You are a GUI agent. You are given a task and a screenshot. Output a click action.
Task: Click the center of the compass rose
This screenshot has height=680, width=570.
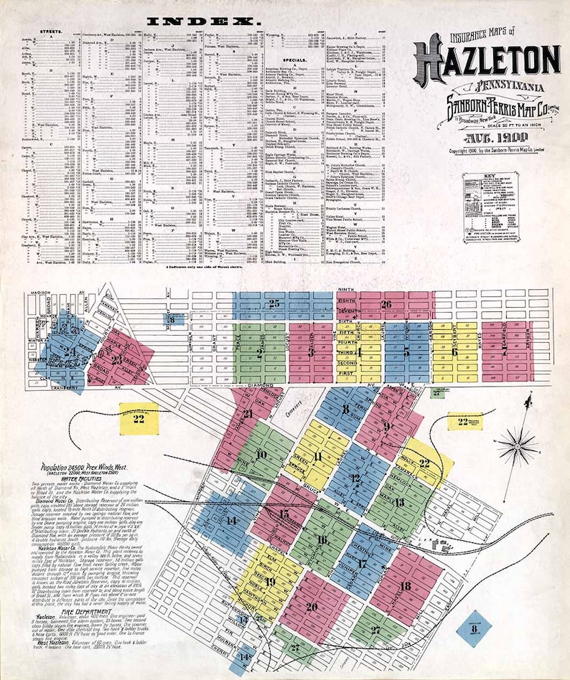(517, 446)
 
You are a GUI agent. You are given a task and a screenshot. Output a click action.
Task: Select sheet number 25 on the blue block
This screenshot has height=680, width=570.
(274, 304)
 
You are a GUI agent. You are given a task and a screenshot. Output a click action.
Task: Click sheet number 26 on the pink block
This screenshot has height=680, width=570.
(386, 304)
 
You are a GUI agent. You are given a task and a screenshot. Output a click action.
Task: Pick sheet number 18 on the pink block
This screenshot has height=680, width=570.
(406, 586)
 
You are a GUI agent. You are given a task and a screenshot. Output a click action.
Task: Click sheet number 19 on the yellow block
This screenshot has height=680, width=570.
(270, 581)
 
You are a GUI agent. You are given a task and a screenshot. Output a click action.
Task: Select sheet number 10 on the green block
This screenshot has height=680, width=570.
(260, 455)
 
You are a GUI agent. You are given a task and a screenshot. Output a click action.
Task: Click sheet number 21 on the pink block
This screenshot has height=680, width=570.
(247, 414)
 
